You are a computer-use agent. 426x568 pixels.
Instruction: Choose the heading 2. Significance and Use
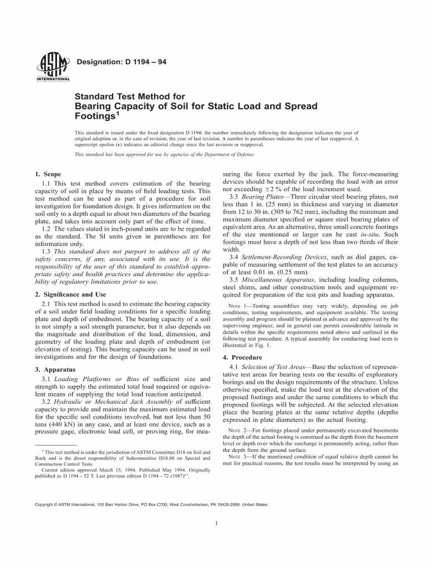(71, 293)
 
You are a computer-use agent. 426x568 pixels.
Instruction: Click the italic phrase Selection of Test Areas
(280, 368)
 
